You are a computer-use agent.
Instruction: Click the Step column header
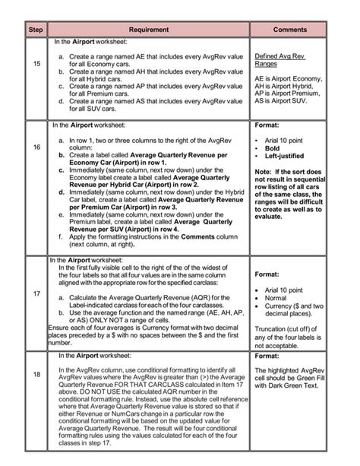36,29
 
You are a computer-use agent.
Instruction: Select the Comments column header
289,29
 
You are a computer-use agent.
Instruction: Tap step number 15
36,64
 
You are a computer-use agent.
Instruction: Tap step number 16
36,146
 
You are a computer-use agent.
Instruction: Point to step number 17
36,294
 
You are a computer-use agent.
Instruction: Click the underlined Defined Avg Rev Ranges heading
279,60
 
